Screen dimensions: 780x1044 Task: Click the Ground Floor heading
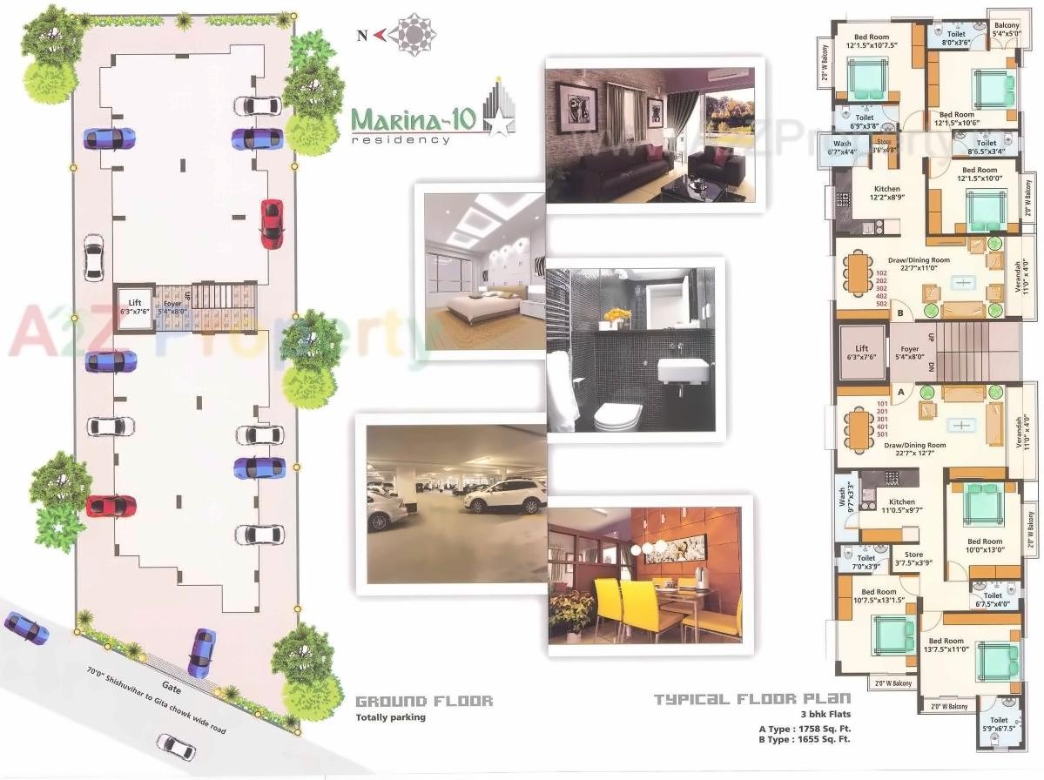(424, 701)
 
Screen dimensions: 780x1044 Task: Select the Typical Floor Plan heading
(751, 699)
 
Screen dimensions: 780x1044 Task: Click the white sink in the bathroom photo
(682, 373)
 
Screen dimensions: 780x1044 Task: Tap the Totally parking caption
(390, 718)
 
